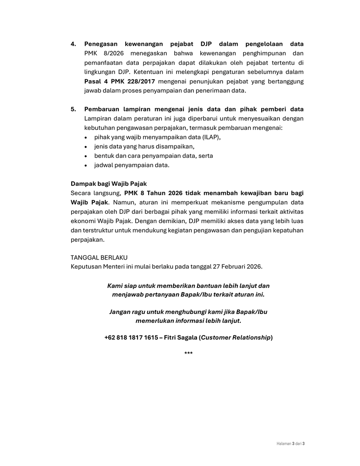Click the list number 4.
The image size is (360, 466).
pyautogui.click(x=73, y=44)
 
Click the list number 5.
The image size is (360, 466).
pyautogui.click(x=73, y=110)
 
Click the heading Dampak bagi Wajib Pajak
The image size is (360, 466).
pyautogui.click(x=109, y=184)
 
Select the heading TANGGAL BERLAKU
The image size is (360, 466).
pyautogui.click(x=99, y=258)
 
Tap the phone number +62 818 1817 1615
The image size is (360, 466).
pyautogui.click(x=131, y=337)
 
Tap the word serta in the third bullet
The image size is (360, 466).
pyautogui.click(x=205, y=156)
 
